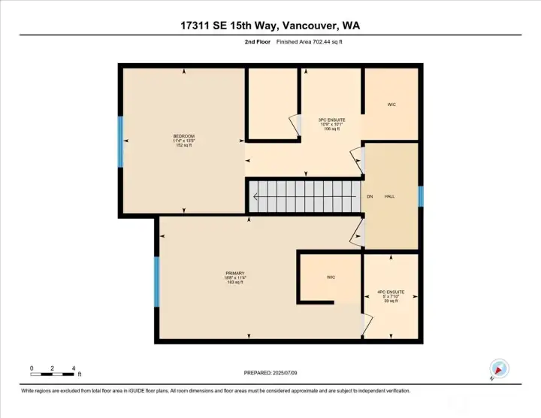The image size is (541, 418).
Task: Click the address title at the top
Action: coord(270,26)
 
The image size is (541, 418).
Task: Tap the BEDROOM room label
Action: coord(184,140)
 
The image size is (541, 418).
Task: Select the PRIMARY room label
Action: coord(235,277)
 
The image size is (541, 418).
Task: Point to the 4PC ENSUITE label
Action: coord(391,295)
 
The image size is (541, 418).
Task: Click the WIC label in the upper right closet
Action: coord(391,104)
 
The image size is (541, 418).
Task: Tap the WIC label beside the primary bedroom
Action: coord(331,277)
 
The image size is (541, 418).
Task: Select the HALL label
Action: coord(390,196)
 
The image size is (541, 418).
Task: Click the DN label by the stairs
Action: coord(370,197)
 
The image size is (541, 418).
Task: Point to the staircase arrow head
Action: coord(255,198)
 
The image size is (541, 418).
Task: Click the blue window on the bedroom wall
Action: coord(120,141)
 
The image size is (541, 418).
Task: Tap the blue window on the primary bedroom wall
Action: coord(157,282)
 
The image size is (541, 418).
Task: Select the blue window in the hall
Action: coord(421,196)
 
